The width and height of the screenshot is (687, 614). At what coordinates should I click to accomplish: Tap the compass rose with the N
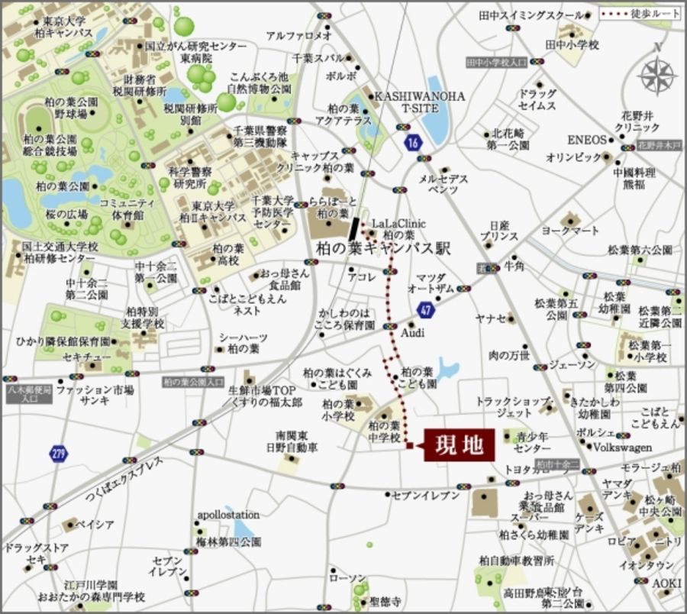tap(656, 74)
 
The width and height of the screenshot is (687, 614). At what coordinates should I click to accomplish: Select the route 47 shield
tap(427, 309)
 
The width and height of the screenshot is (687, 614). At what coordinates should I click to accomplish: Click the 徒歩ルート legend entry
tap(639, 14)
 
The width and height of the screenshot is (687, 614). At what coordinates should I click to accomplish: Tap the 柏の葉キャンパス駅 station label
tap(384, 248)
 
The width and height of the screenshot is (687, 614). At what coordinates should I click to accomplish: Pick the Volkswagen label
tap(623, 448)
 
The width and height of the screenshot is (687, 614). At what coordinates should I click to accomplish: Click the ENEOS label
tap(585, 141)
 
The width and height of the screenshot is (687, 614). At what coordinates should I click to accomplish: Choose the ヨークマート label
tap(570, 229)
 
